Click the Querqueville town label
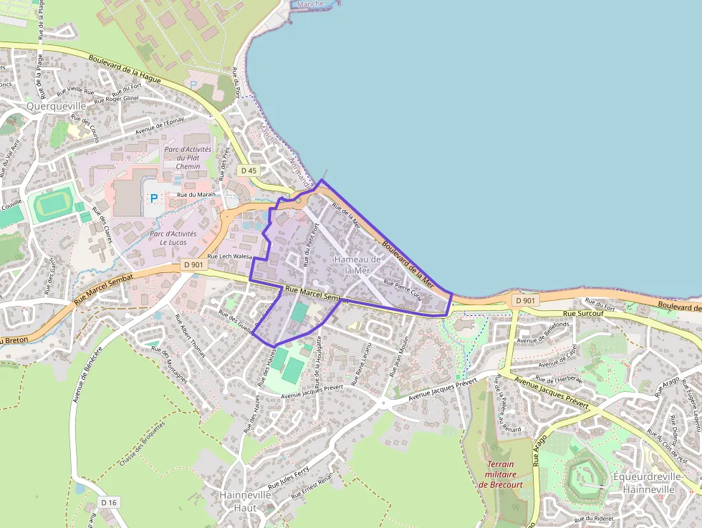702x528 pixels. point(55,106)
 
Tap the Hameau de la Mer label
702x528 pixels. point(357,264)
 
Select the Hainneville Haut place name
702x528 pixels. point(246,501)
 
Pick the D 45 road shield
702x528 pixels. point(249,171)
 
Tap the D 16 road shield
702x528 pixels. point(108,502)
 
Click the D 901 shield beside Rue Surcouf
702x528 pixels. point(526,301)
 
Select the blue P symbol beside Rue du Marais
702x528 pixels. point(153,198)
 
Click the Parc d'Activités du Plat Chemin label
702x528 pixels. point(188,158)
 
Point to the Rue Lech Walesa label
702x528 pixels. point(230,256)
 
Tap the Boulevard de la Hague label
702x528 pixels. point(125,69)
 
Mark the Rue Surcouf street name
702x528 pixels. point(580,313)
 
